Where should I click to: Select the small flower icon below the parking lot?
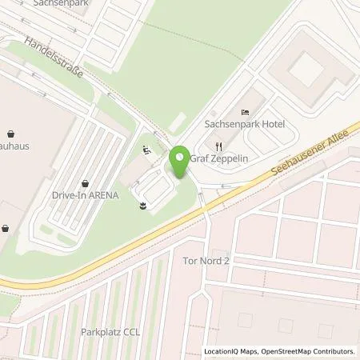tap(142, 207)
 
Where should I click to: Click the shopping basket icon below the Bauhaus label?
tap(5, 228)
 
